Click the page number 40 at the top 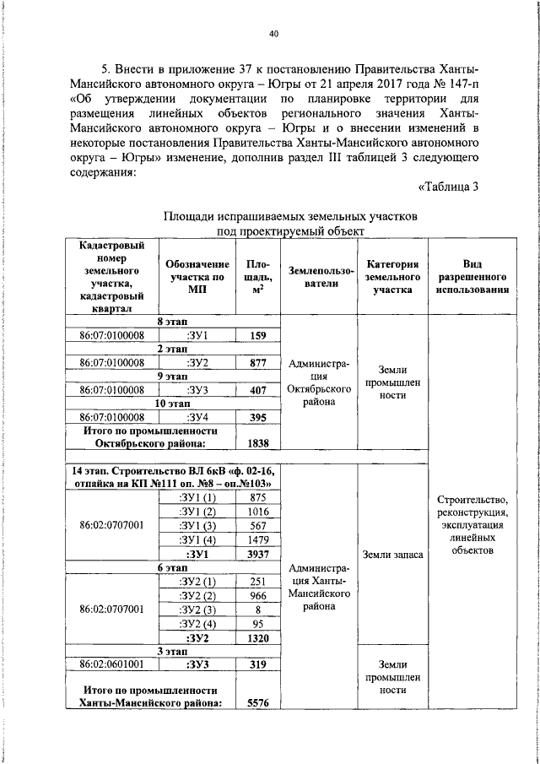(x=273, y=35)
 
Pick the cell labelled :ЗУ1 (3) (x=197, y=526)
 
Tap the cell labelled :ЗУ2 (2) (x=197, y=596)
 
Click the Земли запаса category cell (x=391, y=555)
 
